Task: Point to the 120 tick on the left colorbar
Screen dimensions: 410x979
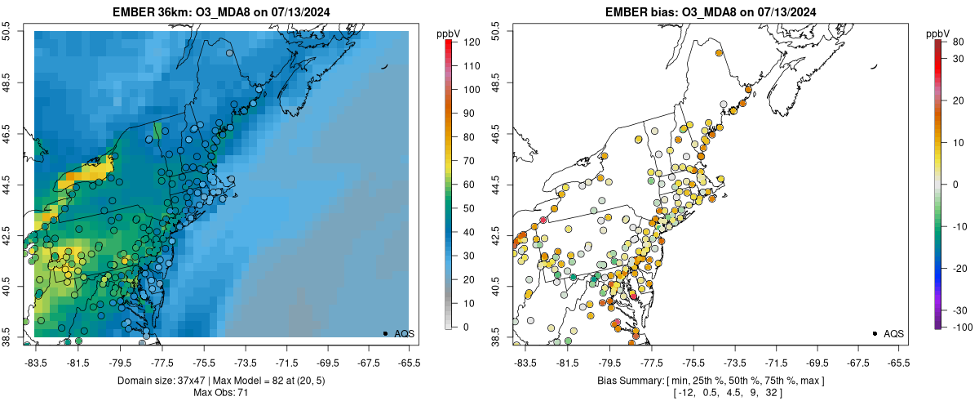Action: click(471, 42)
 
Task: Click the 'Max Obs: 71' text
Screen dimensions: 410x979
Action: click(221, 393)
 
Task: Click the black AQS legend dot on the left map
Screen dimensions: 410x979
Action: click(384, 333)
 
